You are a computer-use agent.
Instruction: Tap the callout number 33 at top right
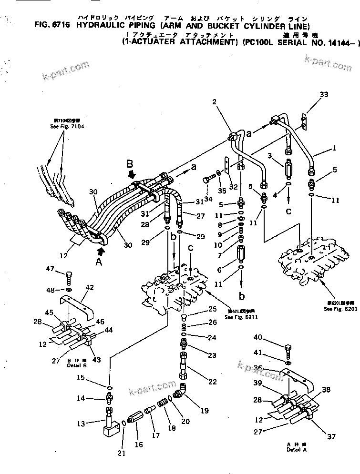[324, 95]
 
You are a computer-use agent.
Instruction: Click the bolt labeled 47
[69, 277]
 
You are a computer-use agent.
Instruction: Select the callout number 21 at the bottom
[122, 453]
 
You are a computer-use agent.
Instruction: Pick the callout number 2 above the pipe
[215, 101]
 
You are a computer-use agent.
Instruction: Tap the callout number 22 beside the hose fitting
[200, 382]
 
